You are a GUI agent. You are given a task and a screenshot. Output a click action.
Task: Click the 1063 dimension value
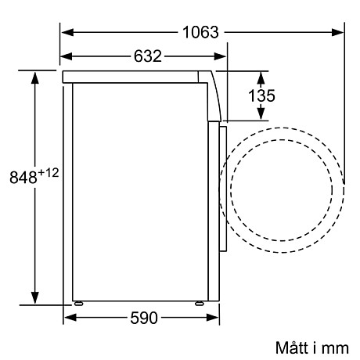coord(202,33)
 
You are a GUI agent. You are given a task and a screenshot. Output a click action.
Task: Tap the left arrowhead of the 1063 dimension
coord(67,33)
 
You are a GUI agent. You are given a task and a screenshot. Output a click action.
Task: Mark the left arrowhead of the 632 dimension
coord(67,56)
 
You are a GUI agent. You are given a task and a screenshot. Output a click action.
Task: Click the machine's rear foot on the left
coord(78,303)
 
